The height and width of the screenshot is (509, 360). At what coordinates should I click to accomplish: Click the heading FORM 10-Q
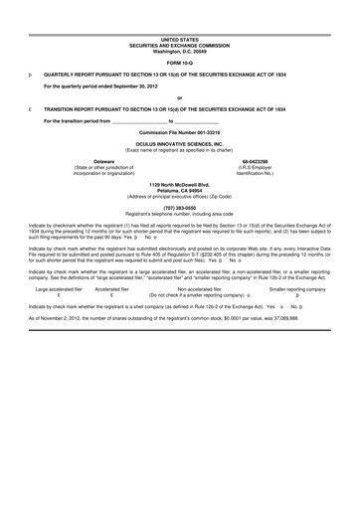(x=180, y=62)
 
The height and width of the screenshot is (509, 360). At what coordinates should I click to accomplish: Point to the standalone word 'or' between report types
(x=179, y=96)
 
